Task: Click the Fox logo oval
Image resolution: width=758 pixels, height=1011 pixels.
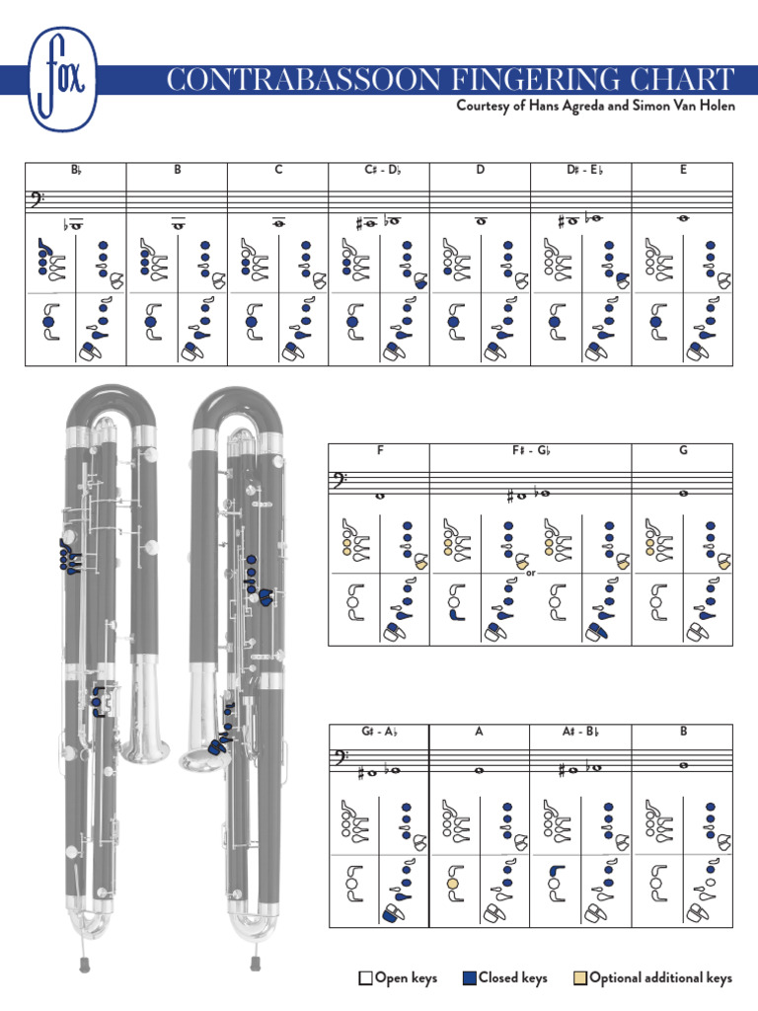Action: point(63,78)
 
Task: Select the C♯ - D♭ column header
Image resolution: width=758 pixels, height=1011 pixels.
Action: point(379,170)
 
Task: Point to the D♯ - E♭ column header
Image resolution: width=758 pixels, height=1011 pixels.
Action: point(580,170)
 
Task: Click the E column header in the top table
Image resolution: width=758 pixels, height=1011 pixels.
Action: point(682,170)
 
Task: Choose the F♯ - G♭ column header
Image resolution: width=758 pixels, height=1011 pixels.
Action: point(530,451)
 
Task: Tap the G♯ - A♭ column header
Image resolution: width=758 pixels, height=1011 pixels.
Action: point(378,732)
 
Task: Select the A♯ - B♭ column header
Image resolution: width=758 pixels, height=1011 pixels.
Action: point(580,732)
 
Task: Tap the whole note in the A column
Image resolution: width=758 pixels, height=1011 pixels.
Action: point(480,770)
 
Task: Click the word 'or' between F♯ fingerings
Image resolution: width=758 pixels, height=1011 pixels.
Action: point(531,571)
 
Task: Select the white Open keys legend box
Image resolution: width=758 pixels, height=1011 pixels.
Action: point(365,978)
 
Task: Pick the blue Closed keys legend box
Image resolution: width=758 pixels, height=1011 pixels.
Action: point(469,978)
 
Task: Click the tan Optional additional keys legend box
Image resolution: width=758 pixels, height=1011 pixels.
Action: point(579,978)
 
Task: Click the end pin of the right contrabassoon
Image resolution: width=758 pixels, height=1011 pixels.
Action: point(255,961)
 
